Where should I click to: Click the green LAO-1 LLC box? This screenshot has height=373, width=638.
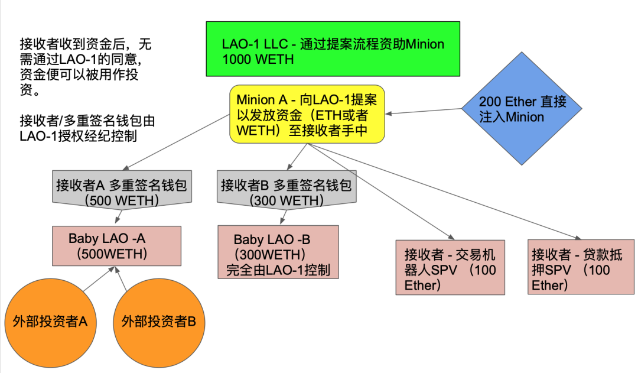pyautogui.click(x=333, y=49)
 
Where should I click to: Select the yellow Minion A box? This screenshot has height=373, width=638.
pyautogui.click(x=307, y=113)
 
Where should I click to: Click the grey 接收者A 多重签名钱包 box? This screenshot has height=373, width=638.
pyautogui.click(x=121, y=191)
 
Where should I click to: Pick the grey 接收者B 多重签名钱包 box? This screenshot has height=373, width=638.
pyautogui.click(x=287, y=191)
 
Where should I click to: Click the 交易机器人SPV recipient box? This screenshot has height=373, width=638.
pyautogui.click(x=451, y=267)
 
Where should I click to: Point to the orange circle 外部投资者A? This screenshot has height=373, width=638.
pyautogui.click(x=50, y=322)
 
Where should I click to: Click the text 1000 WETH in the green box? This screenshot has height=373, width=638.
pyautogui.click(x=258, y=59)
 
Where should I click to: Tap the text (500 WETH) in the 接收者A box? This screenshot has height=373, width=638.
pyautogui.click(x=121, y=200)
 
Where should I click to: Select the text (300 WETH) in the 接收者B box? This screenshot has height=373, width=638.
pyautogui.click(x=286, y=200)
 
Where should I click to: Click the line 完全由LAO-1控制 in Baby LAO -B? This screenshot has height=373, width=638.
pyautogui.click(x=278, y=271)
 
